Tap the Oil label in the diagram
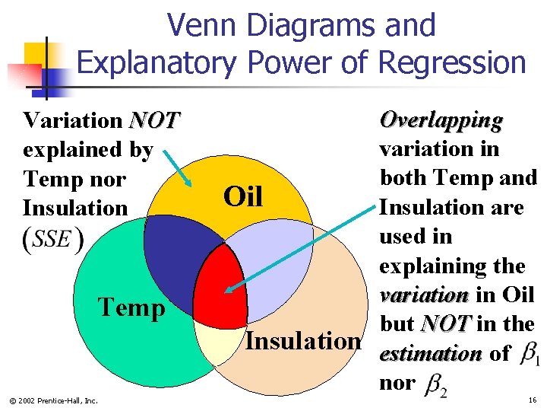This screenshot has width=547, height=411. (x=242, y=197)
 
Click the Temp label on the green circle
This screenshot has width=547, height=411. (x=132, y=307)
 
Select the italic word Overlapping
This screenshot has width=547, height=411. (x=441, y=120)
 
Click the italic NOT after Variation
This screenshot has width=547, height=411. (x=154, y=120)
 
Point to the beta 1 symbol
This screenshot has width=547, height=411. (x=530, y=355)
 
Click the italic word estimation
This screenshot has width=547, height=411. (x=430, y=355)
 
